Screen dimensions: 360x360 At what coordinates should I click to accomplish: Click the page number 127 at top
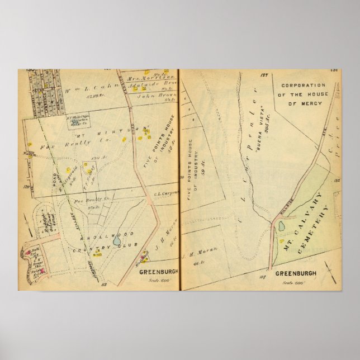pyautogui.click(x=264, y=74)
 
